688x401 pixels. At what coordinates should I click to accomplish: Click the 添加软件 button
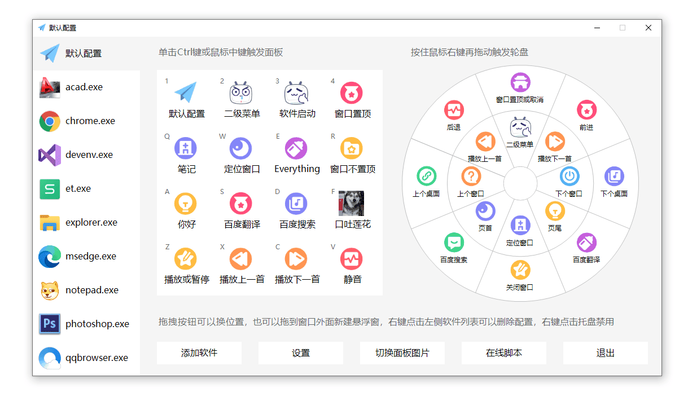[x=199, y=353]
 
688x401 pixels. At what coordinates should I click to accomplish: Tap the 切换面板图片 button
[x=402, y=353]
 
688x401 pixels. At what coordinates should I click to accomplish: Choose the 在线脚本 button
[x=503, y=353]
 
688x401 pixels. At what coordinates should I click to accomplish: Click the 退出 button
[x=606, y=353]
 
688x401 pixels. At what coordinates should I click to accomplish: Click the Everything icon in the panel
[x=296, y=148]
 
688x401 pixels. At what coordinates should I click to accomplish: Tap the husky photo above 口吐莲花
[x=352, y=203]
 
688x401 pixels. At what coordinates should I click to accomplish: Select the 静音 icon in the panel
[x=352, y=259]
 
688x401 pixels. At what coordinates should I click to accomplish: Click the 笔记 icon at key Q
[x=186, y=148]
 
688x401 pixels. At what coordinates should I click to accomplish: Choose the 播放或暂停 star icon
[x=186, y=259]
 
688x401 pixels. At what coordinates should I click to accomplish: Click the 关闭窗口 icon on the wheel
[x=520, y=270]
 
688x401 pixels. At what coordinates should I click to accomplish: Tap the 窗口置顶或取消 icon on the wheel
[x=520, y=82]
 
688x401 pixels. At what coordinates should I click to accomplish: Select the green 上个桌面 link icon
[x=426, y=176]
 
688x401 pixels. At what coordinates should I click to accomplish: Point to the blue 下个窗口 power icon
[x=569, y=176]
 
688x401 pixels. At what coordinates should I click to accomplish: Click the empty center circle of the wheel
[x=520, y=183]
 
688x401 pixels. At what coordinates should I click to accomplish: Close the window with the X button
[x=648, y=28]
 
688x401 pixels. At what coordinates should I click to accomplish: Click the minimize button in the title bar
[x=597, y=28]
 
